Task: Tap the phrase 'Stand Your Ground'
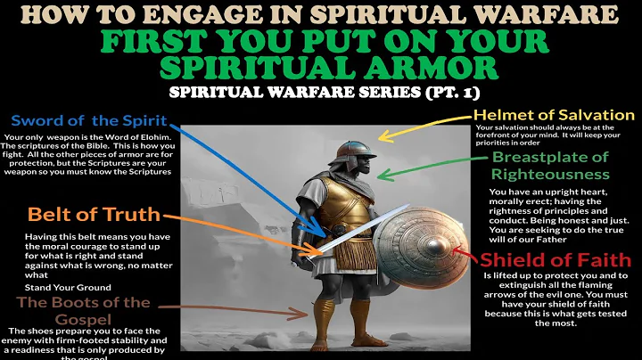[x=55, y=287]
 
